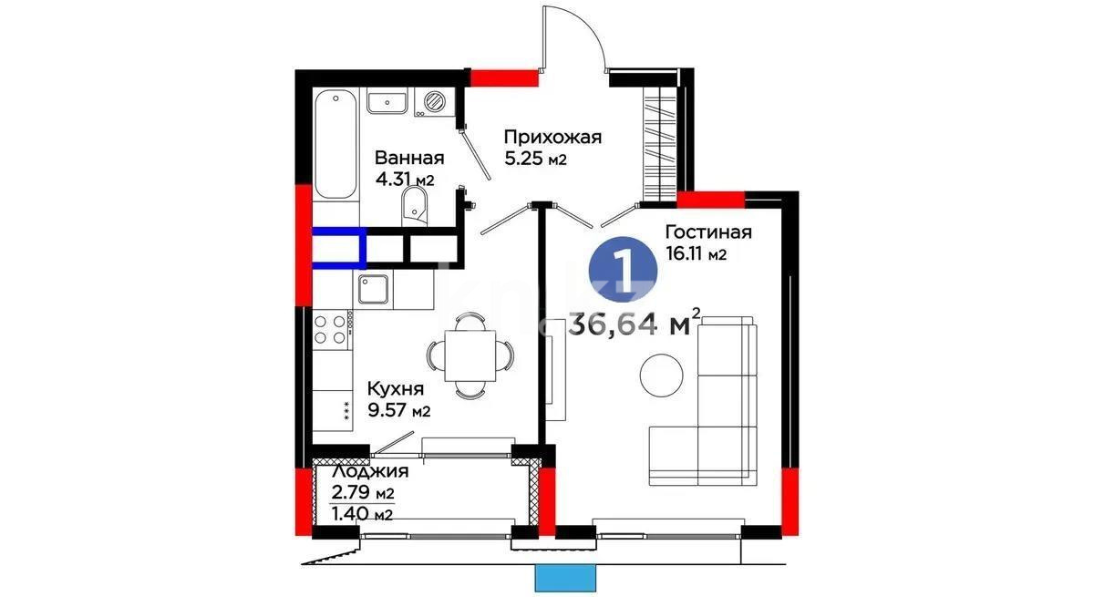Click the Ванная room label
409,157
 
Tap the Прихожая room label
552,137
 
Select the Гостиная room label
707,232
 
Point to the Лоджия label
370,472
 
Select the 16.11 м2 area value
696,254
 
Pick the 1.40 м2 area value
362,514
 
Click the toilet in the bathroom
418,205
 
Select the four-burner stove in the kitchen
333,328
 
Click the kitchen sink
374,291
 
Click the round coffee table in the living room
661,375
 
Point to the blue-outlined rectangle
338,247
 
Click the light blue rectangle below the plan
565,578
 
